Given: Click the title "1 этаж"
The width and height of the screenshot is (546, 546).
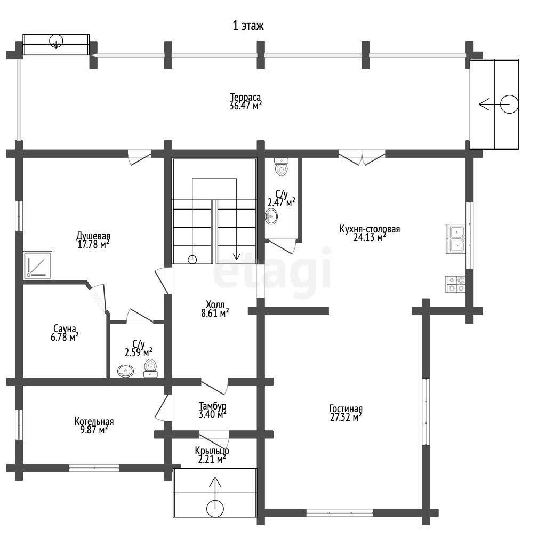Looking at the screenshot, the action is click(248, 26).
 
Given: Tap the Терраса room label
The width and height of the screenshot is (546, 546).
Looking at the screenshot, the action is click(245, 97).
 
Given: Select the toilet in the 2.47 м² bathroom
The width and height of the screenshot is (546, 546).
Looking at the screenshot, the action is click(281, 167).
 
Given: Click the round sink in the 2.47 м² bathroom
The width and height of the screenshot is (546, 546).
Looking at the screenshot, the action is click(271, 216).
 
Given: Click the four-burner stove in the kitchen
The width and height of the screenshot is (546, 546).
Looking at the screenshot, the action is click(455, 284).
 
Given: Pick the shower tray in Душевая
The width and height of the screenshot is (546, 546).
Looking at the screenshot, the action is click(38, 266).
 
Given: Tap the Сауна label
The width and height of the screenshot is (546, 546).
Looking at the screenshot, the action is click(65, 328).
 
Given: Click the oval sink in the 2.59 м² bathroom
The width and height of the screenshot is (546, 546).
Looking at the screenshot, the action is click(125, 371).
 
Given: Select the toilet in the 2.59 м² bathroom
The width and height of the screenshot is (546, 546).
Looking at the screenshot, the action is click(150, 368).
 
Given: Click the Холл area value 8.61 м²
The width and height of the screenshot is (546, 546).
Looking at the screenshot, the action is click(215, 313).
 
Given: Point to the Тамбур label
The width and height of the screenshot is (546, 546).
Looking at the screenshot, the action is click(213, 406).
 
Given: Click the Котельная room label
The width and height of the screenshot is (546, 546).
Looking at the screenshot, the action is click(94, 422).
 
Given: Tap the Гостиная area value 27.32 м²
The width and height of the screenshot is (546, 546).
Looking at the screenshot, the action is click(346, 417).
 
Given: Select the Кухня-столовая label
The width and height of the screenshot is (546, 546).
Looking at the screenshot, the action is click(370, 229).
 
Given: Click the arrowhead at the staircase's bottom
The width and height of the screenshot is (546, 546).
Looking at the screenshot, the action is click(237, 256).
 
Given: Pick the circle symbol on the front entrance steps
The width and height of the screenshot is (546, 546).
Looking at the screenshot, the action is click(215, 509).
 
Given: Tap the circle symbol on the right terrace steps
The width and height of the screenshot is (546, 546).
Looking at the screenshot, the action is click(509, 104).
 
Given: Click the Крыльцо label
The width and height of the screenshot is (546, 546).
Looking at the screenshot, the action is click(212, 451).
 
